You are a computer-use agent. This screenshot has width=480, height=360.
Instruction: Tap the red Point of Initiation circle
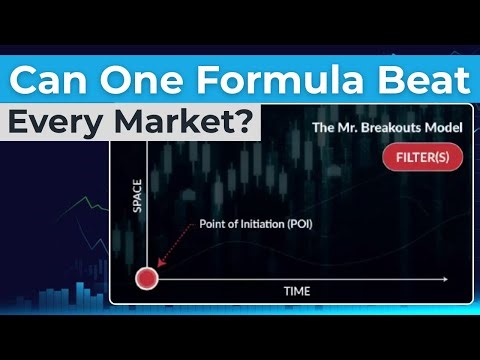(147, 278)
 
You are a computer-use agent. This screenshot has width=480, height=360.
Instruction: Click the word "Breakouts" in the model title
(394, 127)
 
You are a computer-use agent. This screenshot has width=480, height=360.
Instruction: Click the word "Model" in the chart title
(441, 127)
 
